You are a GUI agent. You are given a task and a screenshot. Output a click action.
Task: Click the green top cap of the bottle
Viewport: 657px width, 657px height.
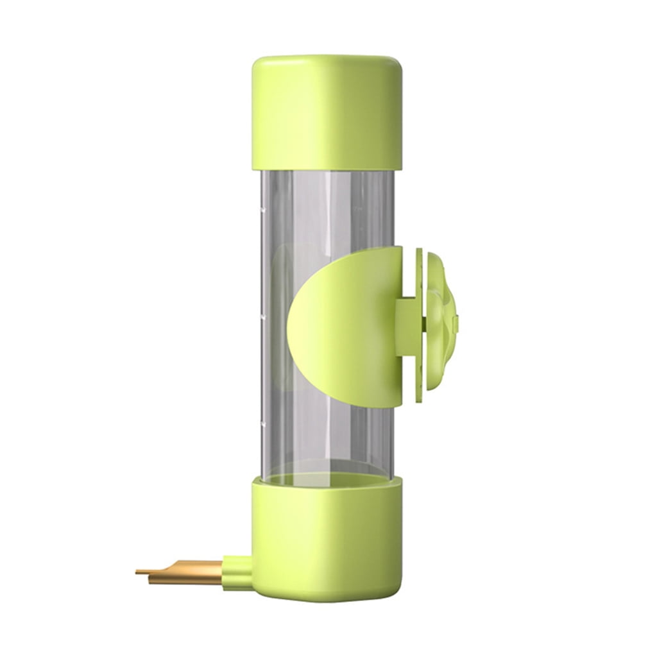tap(327, 112)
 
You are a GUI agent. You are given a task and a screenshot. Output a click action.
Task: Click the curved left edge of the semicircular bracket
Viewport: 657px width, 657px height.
tap(291, 327)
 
